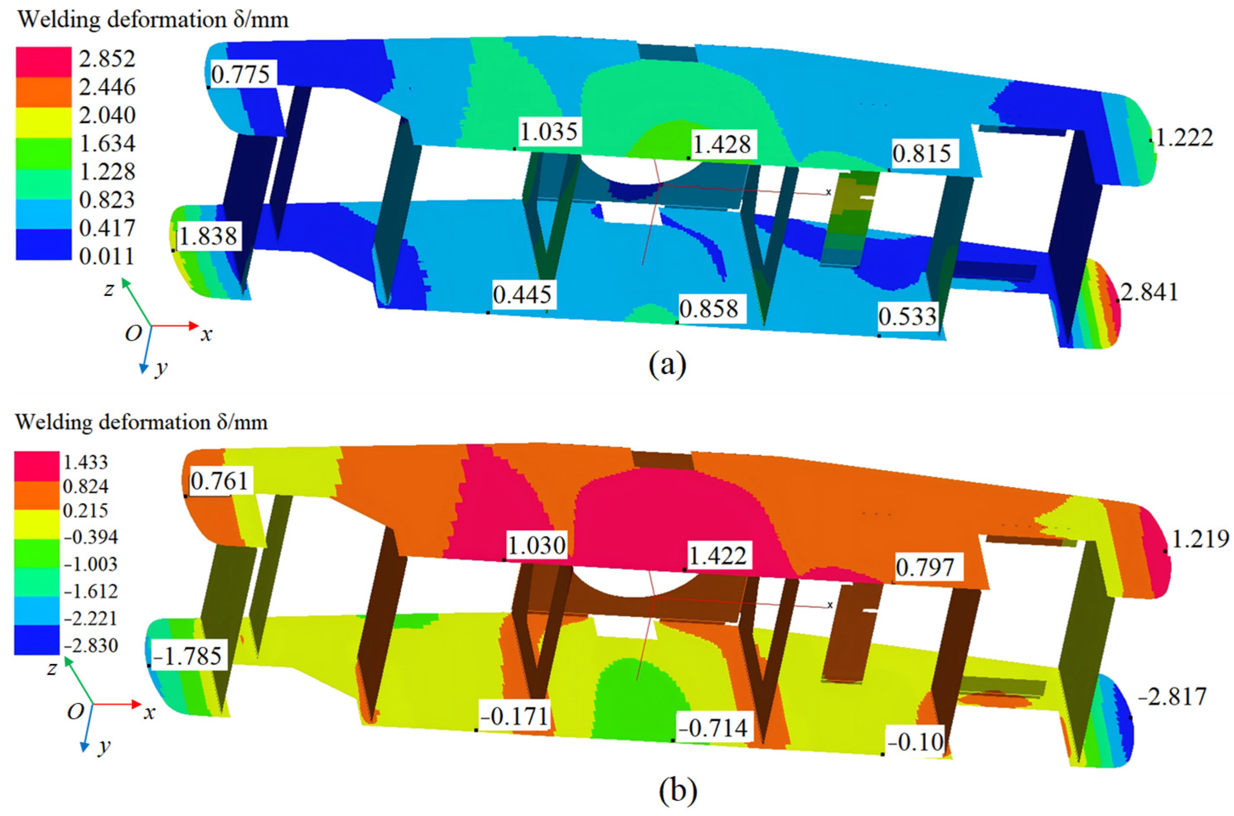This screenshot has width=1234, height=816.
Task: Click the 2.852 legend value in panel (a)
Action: (107, 58)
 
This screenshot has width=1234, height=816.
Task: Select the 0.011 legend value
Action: (107, 256)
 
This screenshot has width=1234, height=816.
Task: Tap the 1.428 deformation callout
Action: (722, 144)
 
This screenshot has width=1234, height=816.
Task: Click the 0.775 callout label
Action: (241, 74)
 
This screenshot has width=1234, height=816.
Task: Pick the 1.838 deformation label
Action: (208, 236)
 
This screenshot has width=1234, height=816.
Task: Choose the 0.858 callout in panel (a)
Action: (709, 309)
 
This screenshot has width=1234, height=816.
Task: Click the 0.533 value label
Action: (907, 316)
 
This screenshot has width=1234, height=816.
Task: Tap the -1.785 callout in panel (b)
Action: (188, 656)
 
